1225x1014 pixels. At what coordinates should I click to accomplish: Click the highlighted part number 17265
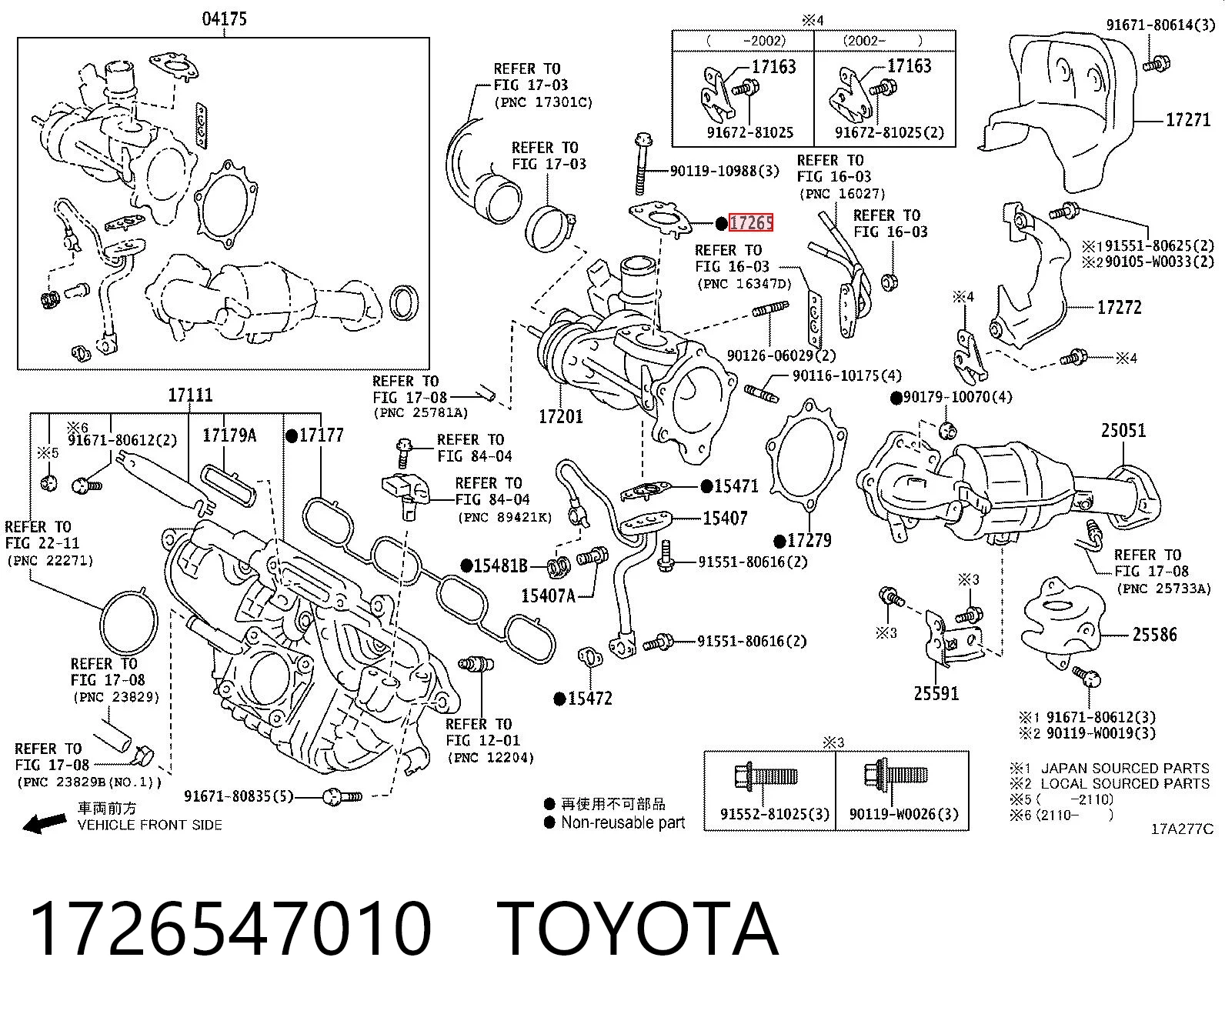pyautogui.click(x=751, y=222)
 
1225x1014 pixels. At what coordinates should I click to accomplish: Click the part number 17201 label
pyautogui.click(x=561, y=417)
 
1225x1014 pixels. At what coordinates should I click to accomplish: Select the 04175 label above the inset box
pyautogui.click(x=225, y=18)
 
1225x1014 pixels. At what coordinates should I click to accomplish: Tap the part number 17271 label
pyautogui.click(x=1188, y=120)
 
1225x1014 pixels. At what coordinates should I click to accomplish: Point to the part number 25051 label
pyautogui.click(x=1123, y=430)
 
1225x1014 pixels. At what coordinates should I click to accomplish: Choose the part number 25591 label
pyautogui.click(x=936, y=694)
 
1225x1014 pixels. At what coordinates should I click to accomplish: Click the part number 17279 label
pyautogui.click(x=809, y=540)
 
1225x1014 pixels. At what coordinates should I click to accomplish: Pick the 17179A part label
pyautogui.click(x=229, y=435)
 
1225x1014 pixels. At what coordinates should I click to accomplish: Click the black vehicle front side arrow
pyautogui.click(x=45, y=822)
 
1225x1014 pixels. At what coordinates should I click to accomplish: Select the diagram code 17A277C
pyautogui.click(x=1182, y=829)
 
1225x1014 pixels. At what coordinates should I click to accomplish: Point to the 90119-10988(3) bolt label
pyautogui.click(x=725, y=171)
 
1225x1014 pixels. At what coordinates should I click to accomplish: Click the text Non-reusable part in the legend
pyautogui.click(x=623, y=822)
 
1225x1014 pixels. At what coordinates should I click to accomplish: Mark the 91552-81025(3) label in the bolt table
pyautogui.click(x=774, y=814)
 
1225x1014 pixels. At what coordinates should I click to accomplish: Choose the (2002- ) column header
pyautogui.click(x=883, y=41)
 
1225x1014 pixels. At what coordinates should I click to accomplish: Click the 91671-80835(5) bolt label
pyautogui.click(x=239, y=796)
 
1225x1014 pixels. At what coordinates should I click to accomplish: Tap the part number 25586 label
pyautogui.click(x=1155, y=635)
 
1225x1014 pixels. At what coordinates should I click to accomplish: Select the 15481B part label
pyautogui.click(x=500, y=565)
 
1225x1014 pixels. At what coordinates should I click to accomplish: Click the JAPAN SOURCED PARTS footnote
pyautogui.click(x=1125, y=768)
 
